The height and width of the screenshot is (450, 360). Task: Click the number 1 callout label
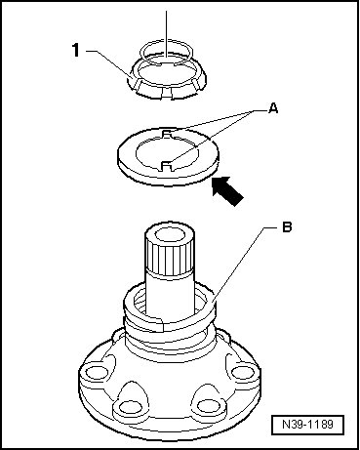76,51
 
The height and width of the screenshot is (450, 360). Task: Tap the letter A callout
274,108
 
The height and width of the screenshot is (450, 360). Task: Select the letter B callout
287,226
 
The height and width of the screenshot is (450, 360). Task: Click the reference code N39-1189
307,425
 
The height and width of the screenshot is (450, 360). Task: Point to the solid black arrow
227,190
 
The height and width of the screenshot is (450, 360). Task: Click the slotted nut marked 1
168,80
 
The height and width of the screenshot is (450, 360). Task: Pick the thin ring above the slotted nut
167,52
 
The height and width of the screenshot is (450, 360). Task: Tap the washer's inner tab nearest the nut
167,133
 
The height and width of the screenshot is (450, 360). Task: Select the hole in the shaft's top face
170,234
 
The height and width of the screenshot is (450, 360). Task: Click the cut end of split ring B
162,325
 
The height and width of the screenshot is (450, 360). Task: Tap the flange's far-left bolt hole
97,372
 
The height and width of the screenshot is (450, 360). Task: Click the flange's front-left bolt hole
129,407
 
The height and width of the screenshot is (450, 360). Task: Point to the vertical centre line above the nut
167,35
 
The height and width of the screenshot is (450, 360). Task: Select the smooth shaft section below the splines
171,295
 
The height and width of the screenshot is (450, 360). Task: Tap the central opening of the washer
167,153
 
